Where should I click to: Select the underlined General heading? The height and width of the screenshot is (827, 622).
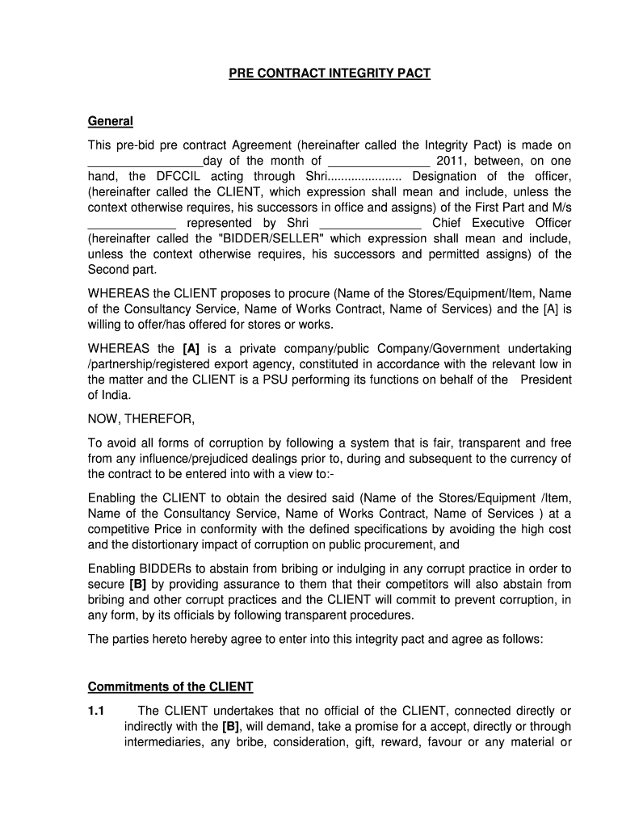click(x=110, y=121)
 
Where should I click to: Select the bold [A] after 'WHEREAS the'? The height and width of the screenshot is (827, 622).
click(x=191, y=348)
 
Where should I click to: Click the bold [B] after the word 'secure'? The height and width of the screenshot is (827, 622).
click(x=138, y=584)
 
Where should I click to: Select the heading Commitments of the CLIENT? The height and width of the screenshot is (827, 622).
click(x=170, y=686)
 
